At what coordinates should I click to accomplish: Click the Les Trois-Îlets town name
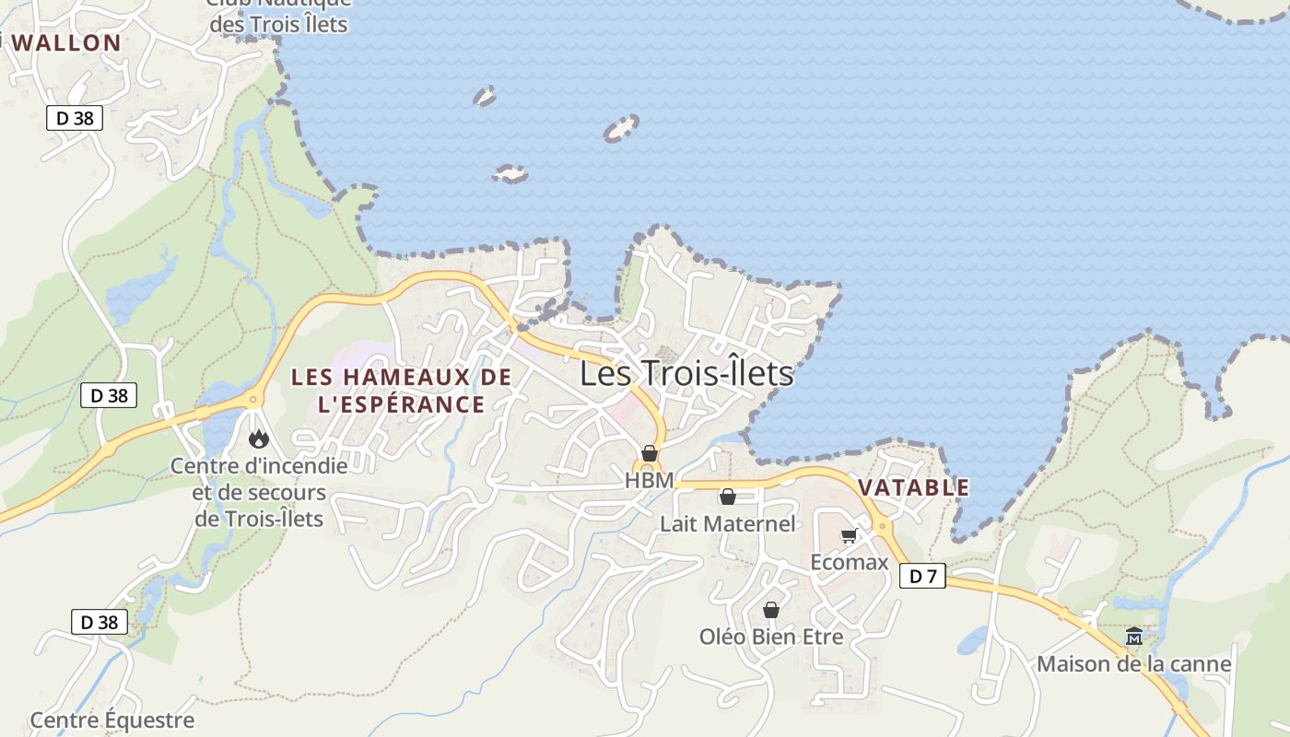coord(686,373)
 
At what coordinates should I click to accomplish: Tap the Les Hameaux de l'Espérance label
coord(401,391)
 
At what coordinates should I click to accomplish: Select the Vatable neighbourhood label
coord(913,487)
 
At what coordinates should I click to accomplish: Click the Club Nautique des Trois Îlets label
coord(278,16)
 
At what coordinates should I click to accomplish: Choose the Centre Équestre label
coord(112,719)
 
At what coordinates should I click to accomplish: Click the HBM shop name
coord(649,480)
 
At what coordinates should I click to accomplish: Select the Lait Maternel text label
coord(727,523)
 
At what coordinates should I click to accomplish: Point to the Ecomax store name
coord(849,561)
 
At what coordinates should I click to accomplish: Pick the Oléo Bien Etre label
coord(771,636)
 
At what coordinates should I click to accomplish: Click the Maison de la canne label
coord(1133,663)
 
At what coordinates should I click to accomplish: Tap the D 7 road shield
coord(922,577)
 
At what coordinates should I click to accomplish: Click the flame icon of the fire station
coord(259,439)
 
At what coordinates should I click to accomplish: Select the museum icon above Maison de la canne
coord(1133,637)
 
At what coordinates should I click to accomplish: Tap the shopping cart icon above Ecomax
coord(849,536)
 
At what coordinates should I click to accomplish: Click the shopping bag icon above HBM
coord(649,453)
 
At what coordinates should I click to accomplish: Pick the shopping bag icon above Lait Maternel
coord(727,497)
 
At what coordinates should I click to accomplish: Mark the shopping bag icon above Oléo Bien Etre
coord(771,610)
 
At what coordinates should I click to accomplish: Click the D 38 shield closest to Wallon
coord(75,118)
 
